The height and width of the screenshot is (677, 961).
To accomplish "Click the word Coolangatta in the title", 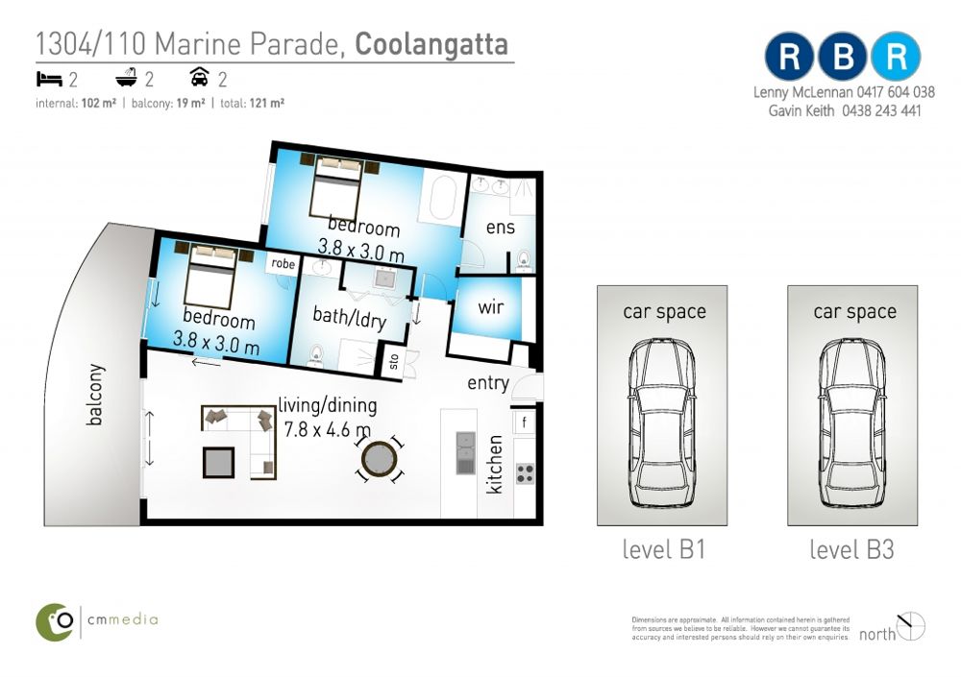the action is click(x=431, y=44).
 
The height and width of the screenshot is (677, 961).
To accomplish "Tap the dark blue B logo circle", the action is click(x=843, y=57).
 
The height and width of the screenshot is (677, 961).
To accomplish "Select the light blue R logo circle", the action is click(x=896, y=57).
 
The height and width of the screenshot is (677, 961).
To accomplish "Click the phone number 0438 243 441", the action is click(x=881, y=110).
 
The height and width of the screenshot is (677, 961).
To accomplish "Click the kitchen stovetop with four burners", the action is click(x=525, y=474).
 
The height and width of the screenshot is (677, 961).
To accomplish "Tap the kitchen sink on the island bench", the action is click(x=466, y=452).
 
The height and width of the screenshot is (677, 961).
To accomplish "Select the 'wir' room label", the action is click(x=491, y=306).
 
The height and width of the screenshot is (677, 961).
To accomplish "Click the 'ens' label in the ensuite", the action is click(x=500, y=228).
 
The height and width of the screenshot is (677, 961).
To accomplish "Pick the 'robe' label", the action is click(x=283, y=263).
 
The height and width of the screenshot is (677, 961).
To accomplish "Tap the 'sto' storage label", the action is click(x=394, y=361).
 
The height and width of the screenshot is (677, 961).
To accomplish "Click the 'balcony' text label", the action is click(x=94, y=395).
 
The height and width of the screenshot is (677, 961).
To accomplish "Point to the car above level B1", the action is click(x=662, y=423).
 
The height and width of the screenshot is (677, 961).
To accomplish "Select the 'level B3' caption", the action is click(x=851, y=549).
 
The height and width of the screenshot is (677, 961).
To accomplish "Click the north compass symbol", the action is click(x=911, y=626).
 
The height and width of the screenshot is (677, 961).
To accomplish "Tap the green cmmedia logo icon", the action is click(x=55, y=622).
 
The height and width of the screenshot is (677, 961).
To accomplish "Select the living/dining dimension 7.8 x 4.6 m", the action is click(x=328, y=429).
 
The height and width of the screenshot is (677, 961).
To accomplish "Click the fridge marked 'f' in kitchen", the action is click(x=524, y=422).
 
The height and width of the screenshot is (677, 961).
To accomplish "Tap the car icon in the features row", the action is click(x=199, y=77).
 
